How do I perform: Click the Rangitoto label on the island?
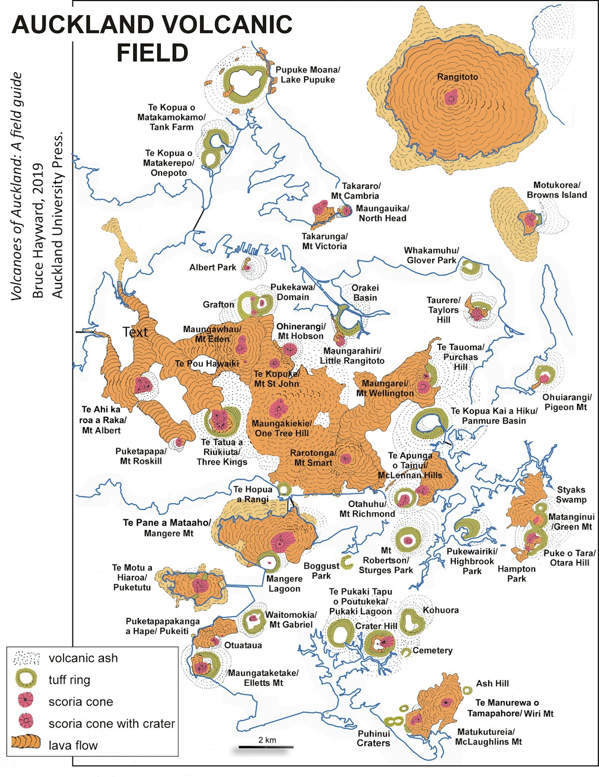point(457,77)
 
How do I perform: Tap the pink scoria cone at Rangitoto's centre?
point(451,97)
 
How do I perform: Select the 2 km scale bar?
point(266,747)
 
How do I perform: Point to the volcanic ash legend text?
point(83,658)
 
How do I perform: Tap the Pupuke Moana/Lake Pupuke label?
point(307,75)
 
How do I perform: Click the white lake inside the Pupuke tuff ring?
point(244,82)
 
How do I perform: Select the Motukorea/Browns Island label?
point(557,190)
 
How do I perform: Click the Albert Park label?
point(212,267)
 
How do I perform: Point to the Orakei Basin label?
point(365,293)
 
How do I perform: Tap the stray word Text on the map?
point(135,332)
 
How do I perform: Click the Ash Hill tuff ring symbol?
point(467,690)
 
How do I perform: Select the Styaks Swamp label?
point(571,495)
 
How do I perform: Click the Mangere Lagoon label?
point(284,583)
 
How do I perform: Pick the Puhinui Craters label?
point(373,738)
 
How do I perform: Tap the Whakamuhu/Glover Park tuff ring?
point(470,268)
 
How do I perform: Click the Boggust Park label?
point(321,570)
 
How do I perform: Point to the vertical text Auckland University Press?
point(58,215)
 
